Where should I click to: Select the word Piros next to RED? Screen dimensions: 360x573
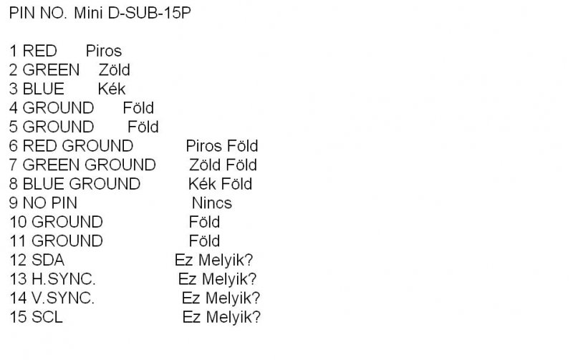tap(103, 52)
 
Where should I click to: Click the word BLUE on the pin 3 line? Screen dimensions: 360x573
tap(43, 89)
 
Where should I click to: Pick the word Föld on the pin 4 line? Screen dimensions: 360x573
tap(138, 108)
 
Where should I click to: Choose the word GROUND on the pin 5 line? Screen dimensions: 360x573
tap(58, 127)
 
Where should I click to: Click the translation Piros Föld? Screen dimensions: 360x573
tap(221, 147)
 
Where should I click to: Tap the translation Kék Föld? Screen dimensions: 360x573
tap(220, 185)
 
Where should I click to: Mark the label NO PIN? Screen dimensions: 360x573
tap(49, 203)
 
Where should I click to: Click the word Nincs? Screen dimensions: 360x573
tap(211, 203)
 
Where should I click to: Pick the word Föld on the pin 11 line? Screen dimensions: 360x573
tap(204, 241)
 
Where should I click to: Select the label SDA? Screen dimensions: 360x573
tap(48, 260)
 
